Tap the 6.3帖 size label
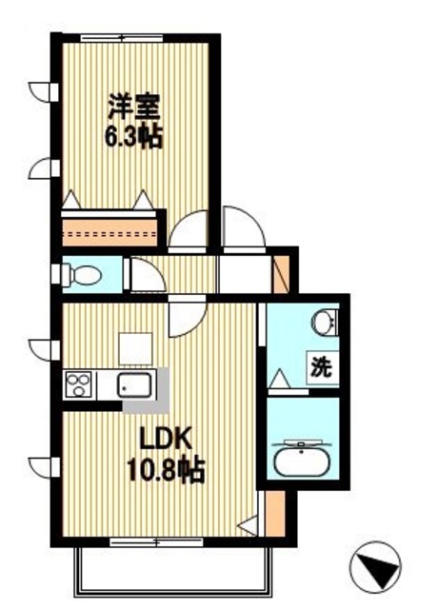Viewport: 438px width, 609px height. [x=133, y=136]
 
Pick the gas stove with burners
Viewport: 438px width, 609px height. [x=80, y=386]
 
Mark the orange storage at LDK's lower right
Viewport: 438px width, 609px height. [x=273, y=514]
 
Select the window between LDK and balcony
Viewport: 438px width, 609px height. [x=153, y=543]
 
